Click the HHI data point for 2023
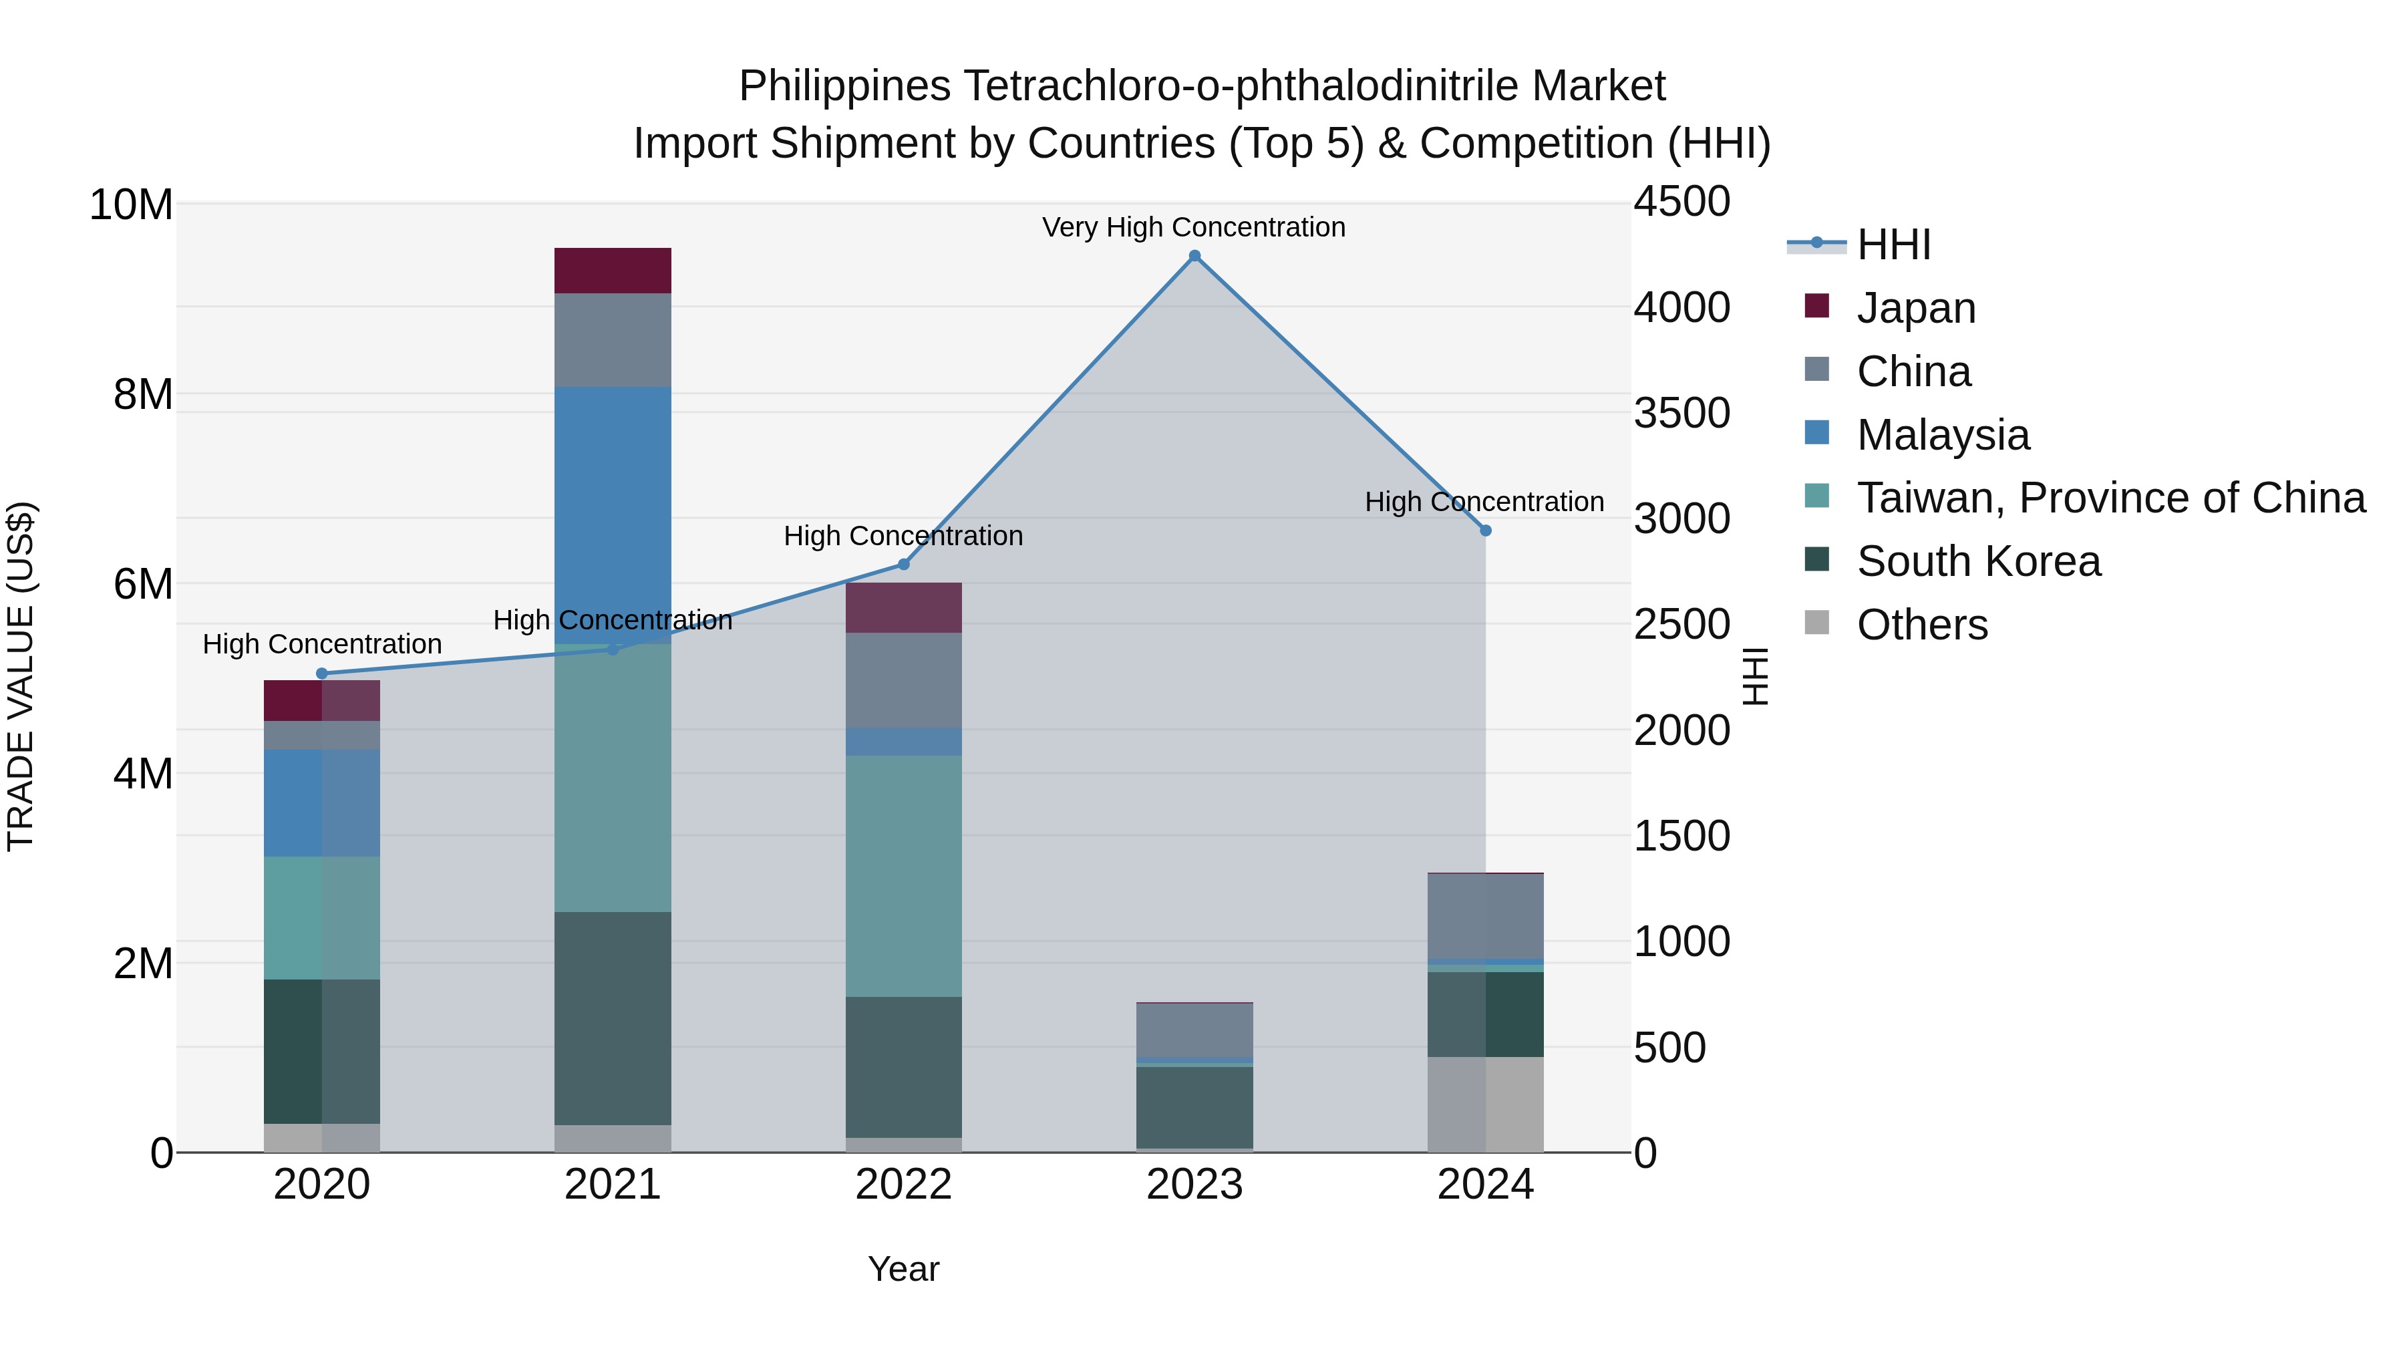click(1194, 256)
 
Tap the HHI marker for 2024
click(1485, 531)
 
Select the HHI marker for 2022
click(903, 564)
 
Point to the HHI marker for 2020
click(322, 673)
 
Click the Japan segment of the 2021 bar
click(613, 271)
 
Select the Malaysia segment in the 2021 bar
click(613, 514)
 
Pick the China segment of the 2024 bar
click(1485, 916)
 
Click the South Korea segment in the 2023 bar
click(1194, 1106)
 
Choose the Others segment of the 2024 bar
click(1485, 1104)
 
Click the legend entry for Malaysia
click(1943, 435)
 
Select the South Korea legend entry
click(1978, 561)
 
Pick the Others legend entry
click(1921, 625)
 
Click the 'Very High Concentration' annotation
click(1193, 227)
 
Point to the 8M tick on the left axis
click(143, 394)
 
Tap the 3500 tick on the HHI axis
click(1681, 413)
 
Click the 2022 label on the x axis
click(903, 1185)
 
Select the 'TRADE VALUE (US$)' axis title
click(21, 677)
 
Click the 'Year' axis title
click(903, 1269)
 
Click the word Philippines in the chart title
click(845, 86)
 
